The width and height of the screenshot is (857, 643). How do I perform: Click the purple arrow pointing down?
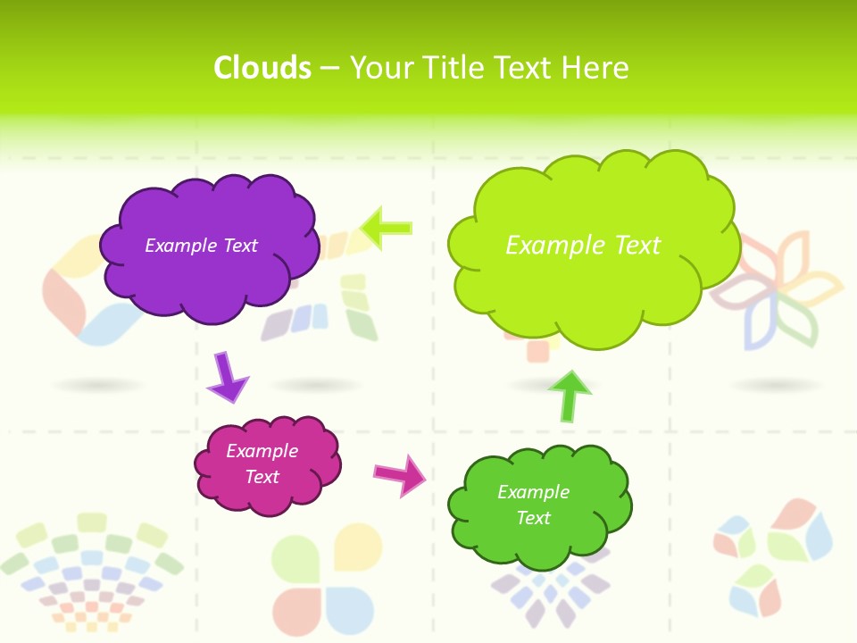point(226,377)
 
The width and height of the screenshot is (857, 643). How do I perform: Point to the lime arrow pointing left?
point(387,228)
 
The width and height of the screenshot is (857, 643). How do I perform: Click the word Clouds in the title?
point(262,68)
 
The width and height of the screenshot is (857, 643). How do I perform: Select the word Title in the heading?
point(455,68)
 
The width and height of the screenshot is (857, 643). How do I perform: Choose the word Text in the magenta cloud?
point(262,477)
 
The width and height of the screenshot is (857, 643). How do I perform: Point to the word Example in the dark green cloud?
point(533,492)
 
